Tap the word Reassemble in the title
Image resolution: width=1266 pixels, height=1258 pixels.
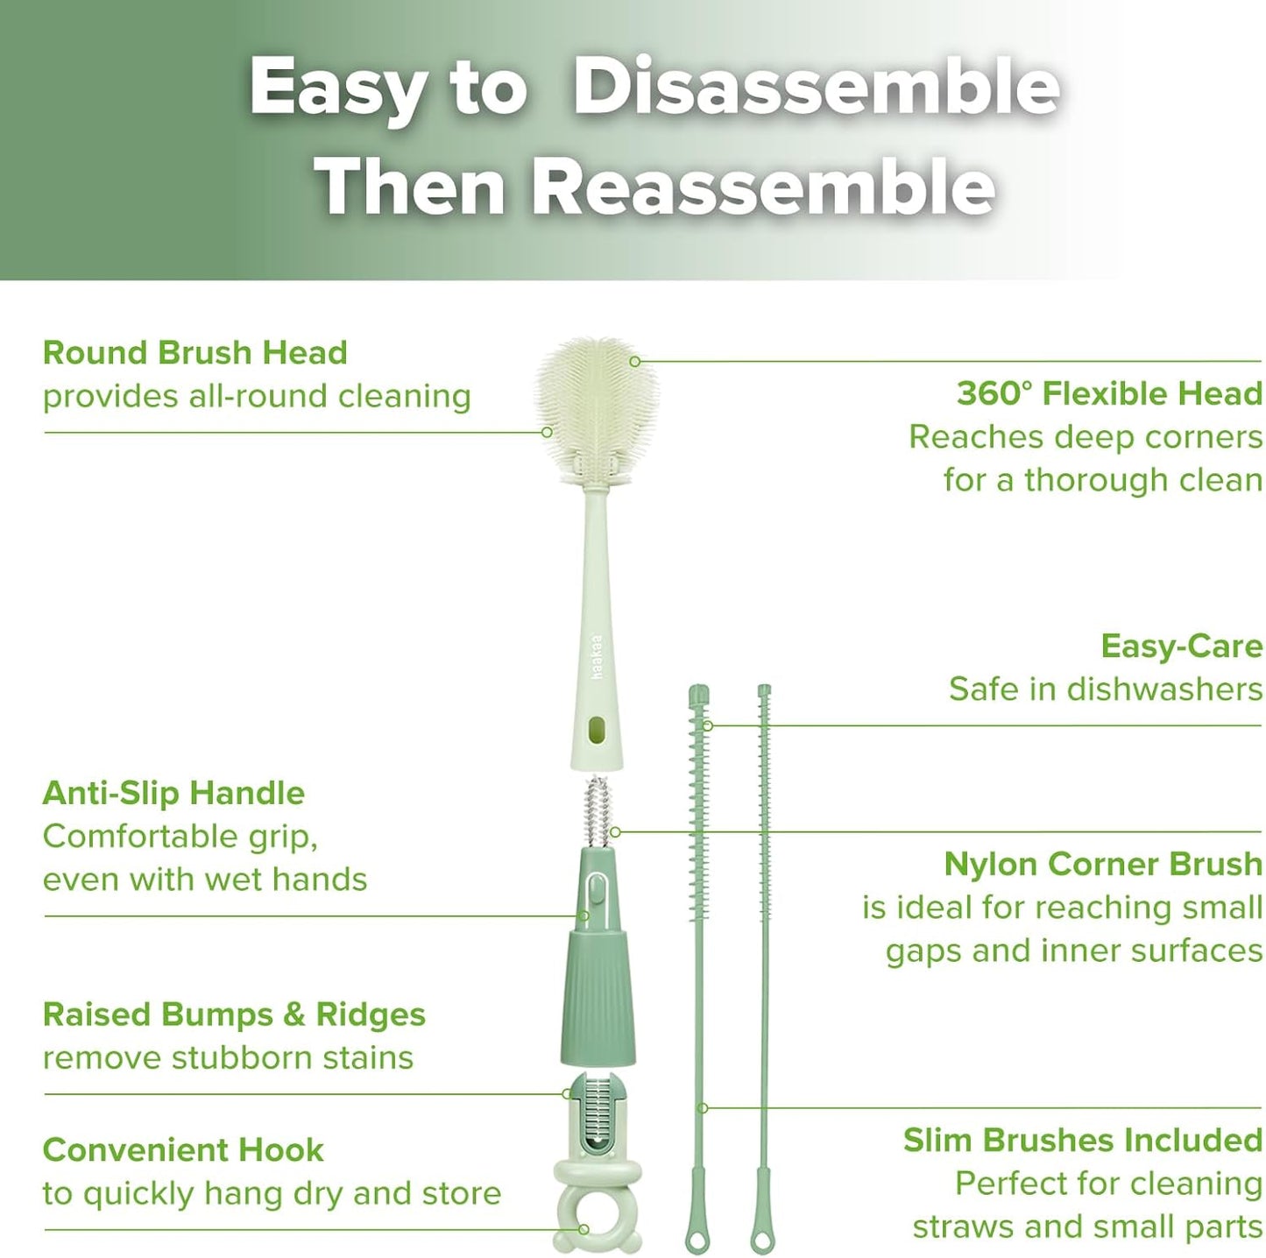point(763,187)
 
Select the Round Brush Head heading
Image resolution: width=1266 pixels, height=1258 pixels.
point(194,352)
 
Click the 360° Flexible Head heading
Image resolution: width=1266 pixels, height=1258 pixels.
point(1108,393)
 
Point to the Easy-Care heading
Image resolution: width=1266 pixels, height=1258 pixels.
point(1181,647)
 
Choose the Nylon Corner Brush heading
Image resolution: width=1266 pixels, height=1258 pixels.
point(1102,864)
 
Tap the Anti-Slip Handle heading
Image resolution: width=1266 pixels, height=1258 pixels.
point(173,793)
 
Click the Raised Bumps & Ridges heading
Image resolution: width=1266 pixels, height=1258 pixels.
point(234,1014)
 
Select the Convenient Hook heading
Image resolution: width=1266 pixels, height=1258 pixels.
point(183,1149)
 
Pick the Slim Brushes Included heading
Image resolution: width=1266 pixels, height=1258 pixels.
point(1082,1140)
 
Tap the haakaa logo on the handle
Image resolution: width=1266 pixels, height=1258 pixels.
point(598,657)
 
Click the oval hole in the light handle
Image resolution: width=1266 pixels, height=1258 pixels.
point(597,729)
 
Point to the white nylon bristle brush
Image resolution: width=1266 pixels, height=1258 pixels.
point(597,810)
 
